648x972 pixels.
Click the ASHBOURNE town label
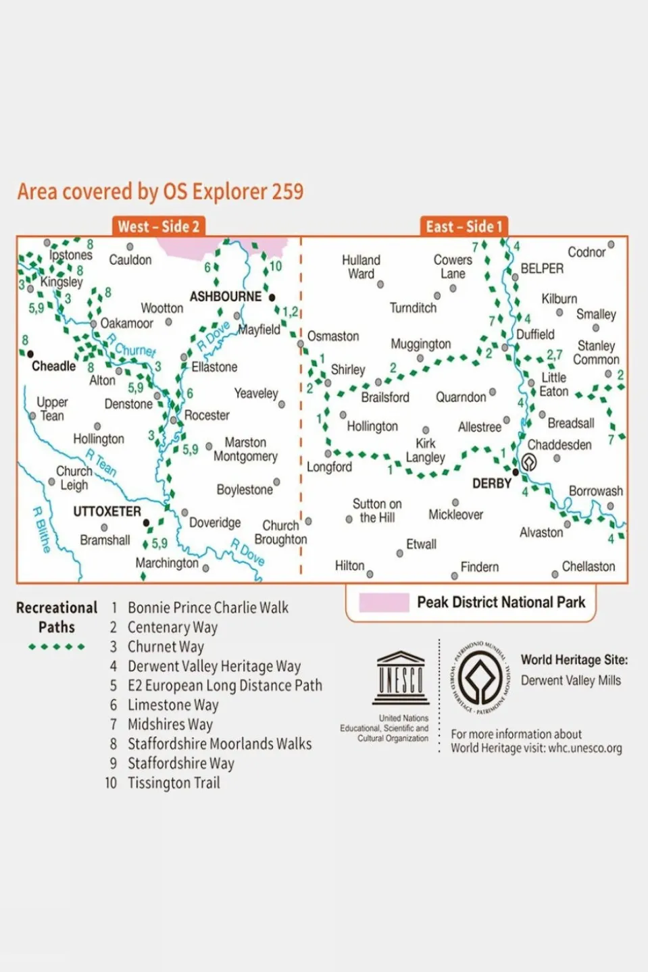tap(225, 297)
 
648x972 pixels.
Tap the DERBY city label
tap(491, 484)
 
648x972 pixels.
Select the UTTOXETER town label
tap(107, 511)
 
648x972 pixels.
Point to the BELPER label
tap(541, 268)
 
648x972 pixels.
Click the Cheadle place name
tap(53, 366)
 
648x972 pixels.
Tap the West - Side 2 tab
tap(158, 226)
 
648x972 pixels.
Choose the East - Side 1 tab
tap(464, 226)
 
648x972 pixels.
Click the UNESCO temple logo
tap(401, 678)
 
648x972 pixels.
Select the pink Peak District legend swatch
tap(384, 602)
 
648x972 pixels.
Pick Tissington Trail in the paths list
tap(174, 783)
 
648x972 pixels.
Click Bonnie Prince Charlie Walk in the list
tap(207, 607)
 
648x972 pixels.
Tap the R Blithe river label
tap(41, 530)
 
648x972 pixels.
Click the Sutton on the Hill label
tap(377, 511)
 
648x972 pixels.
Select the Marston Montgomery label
tap(245, 449)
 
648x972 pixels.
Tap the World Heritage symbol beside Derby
tap(529, 462)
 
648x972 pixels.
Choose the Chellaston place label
tap(588, 567)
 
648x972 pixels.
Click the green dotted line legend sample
tap(57, 647)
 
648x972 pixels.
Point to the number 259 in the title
tap(287, 192)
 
